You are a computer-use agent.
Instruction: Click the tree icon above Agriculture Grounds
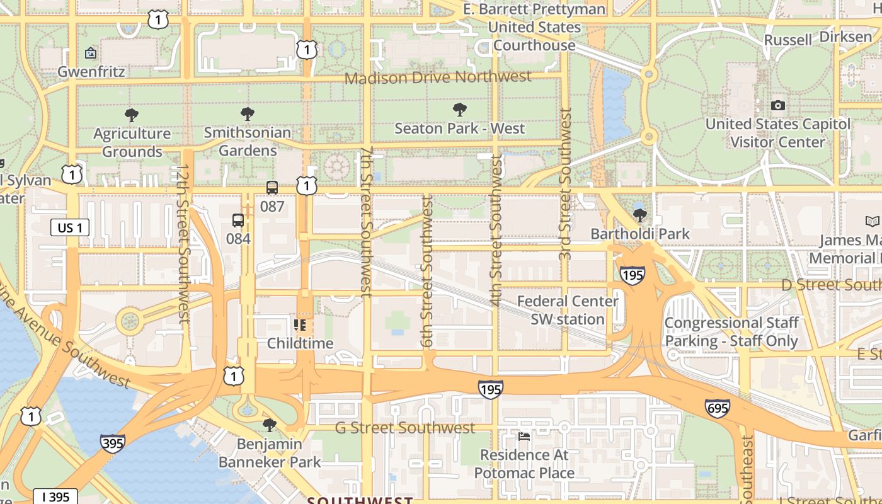[132, 115]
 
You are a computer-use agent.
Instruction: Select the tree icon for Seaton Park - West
[460, 110]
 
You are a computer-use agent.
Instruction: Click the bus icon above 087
[272, 188]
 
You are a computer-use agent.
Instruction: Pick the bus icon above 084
[238, 220]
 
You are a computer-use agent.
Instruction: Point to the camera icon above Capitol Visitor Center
[778, 106]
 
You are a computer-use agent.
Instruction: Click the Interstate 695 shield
[718, 408]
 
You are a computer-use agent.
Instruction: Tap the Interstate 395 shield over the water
[112, 443]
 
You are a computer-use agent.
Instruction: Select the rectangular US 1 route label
[69, 228]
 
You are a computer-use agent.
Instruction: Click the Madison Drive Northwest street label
[438, 77]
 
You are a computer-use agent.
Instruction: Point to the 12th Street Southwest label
[183, 244]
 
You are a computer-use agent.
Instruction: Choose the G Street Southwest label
[404, 428]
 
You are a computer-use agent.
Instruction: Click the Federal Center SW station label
[568, 310]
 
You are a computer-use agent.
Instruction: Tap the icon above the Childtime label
[300, 325]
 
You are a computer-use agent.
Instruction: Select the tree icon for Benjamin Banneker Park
[270, 425]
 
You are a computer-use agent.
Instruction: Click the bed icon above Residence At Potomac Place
[524, 436]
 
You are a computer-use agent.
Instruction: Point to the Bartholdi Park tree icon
[640, 215]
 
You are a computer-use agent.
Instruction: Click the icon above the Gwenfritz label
[91, 53]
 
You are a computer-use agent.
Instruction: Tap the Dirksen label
[845, 37]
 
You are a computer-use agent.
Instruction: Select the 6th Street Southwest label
[427, 271]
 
